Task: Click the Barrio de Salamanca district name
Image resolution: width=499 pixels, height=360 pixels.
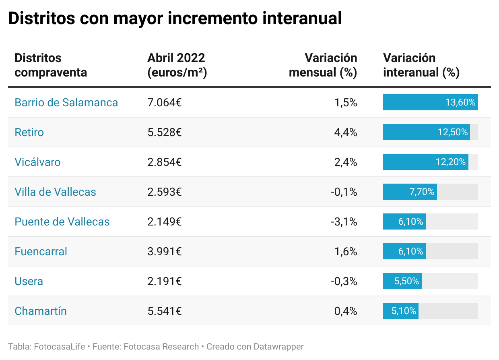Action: tap(66, 102)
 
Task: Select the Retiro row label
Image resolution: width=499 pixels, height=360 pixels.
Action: tap(29, 132)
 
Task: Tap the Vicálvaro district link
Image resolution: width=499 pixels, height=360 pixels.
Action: tap(37, 162)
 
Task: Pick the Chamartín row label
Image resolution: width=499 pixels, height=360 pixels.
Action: tap(40, 311)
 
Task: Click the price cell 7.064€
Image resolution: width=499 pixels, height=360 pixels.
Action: tap(164, 102)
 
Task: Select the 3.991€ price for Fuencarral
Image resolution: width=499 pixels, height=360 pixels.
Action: tap(164, 251)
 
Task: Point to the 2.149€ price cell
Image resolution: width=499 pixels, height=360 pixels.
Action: tap(164, 221)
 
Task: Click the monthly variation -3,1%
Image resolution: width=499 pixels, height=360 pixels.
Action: tap(344, 221)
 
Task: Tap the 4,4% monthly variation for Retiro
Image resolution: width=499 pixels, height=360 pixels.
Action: tap(346, 132)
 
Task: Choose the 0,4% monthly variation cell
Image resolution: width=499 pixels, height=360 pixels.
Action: tap(346, 311)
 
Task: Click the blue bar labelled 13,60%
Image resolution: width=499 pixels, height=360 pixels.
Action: tap(430, 102)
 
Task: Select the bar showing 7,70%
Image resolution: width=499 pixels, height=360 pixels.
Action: tap(410, 192)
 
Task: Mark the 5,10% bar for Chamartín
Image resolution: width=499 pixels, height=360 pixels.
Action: tap(400, 311)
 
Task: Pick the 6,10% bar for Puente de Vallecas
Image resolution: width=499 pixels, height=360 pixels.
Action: tap(404, 221)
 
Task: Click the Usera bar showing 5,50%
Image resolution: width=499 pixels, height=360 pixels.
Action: tap(402, 281)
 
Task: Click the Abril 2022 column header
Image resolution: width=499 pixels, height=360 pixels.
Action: tap(176, 65)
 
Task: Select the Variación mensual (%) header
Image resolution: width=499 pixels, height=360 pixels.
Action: tap(323, 65)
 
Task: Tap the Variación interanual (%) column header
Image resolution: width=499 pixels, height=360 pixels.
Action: tap(421, 65)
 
